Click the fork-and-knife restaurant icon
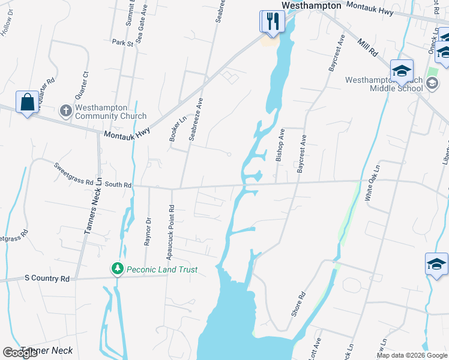tap(272, 22)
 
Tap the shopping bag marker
tap(27, 101)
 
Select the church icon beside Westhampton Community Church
tap(66, 111)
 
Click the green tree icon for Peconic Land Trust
tap(118, 269)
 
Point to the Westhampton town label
tap(311, 5)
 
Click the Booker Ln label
tap(174, 129)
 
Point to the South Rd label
tap(118, 185)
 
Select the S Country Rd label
tap(47, 278)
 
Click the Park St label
tap(122, 43)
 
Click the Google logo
tap(20, 353)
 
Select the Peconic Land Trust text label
tap(161, 270)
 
